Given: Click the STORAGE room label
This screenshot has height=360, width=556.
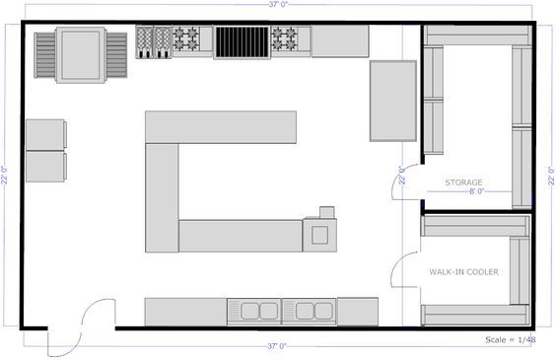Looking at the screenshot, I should pyautogui.click(x=463, y=182).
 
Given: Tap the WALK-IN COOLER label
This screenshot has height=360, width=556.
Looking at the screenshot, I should pyautogui.click(x=462, y=271).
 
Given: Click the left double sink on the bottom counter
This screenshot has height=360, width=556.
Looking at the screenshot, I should pyautogui.click(x=254, y=312).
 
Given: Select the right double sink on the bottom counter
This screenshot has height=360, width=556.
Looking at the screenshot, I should pyautogui.click(x=310, y=312).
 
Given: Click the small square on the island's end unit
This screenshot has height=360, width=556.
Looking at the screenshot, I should pyautogui.click(x=319, y=234).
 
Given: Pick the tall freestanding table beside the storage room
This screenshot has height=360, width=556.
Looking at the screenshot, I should pyautogui.click(x=392, y=101).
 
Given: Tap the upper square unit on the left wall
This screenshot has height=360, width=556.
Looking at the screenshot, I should pyautogui.click(x=46, y=135).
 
